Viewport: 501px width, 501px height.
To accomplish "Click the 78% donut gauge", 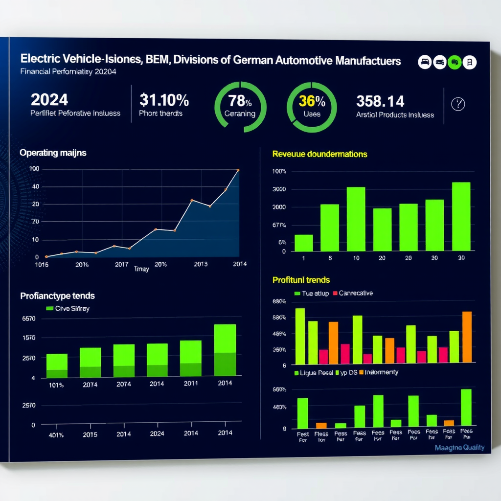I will click(240, 107).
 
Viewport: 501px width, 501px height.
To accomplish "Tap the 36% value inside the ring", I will click(312, 101).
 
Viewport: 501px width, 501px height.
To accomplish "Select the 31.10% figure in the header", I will click(164, 100).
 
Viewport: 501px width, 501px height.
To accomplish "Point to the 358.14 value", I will click(380, 101).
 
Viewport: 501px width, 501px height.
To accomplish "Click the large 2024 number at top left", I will click(49, 100).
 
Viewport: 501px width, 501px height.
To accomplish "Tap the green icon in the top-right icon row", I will click(455, 62).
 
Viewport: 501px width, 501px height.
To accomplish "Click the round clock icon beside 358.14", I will click(457, 104).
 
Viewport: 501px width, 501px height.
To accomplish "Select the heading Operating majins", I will click(53, 153).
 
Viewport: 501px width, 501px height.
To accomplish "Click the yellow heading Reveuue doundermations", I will click(319, 154).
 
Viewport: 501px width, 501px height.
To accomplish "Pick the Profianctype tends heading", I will click(57, 296).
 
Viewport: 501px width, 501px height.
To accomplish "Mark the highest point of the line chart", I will click(238, 170).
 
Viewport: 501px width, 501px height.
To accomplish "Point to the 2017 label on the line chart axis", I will click(121, 264).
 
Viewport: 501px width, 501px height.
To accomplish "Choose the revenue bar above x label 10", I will click(356, 218).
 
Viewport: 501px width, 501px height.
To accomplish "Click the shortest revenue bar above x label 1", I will click(303, 243).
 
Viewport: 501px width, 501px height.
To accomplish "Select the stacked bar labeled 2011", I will click(191, 358).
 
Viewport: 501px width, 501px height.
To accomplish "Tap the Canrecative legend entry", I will click(352, 293).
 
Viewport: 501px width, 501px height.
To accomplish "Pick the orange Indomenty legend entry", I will click(379, 372).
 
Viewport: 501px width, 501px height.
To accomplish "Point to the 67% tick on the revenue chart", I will click(279, 226).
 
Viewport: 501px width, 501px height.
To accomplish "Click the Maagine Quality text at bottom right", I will click(459, 447).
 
